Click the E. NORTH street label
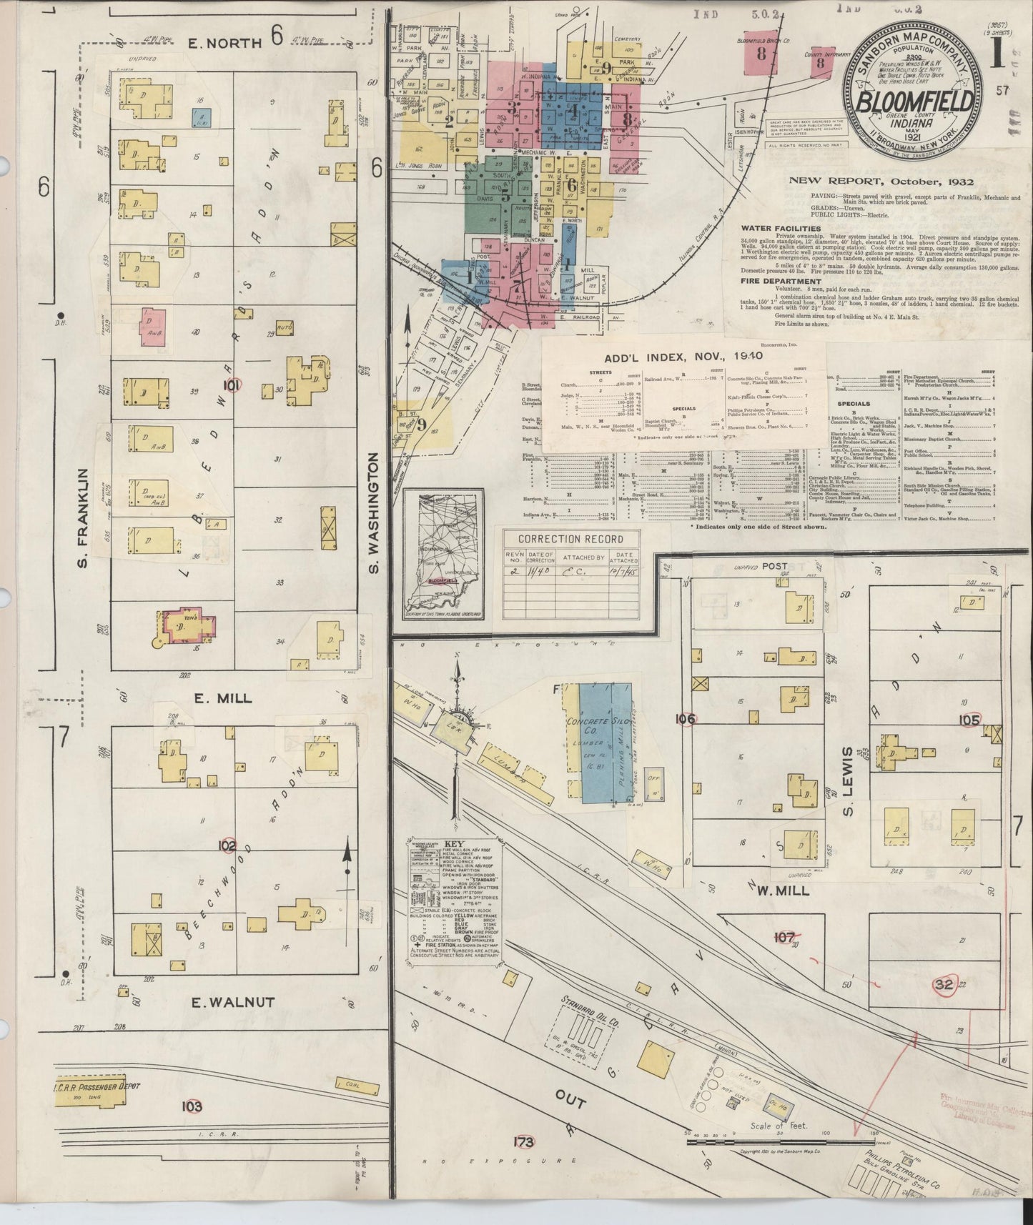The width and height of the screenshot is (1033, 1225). [224, 42]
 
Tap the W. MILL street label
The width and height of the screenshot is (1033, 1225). [783, 891]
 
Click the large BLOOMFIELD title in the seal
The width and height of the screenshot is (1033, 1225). [913, 102]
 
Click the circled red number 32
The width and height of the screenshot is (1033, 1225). [944, 984]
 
